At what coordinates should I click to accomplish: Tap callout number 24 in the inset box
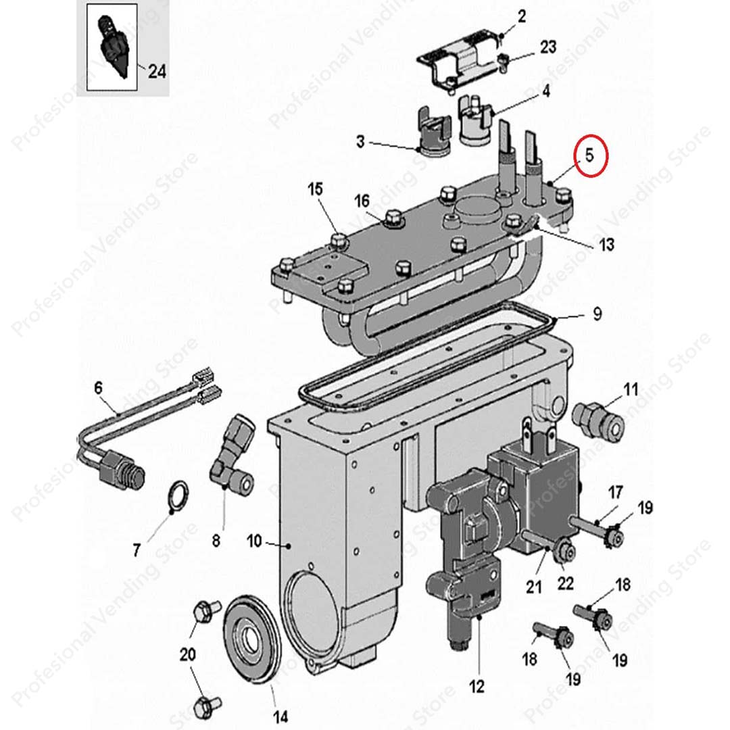[157, 70]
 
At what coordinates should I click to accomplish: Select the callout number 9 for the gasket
[597, 314]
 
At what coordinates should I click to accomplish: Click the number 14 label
[280, 716]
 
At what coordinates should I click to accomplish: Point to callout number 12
[477, 687]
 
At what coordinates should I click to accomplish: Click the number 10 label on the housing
[254, 541]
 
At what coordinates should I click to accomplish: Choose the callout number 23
[547, 47]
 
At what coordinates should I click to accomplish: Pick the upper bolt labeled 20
[205, 612]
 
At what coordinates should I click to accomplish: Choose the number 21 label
[534, 587]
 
